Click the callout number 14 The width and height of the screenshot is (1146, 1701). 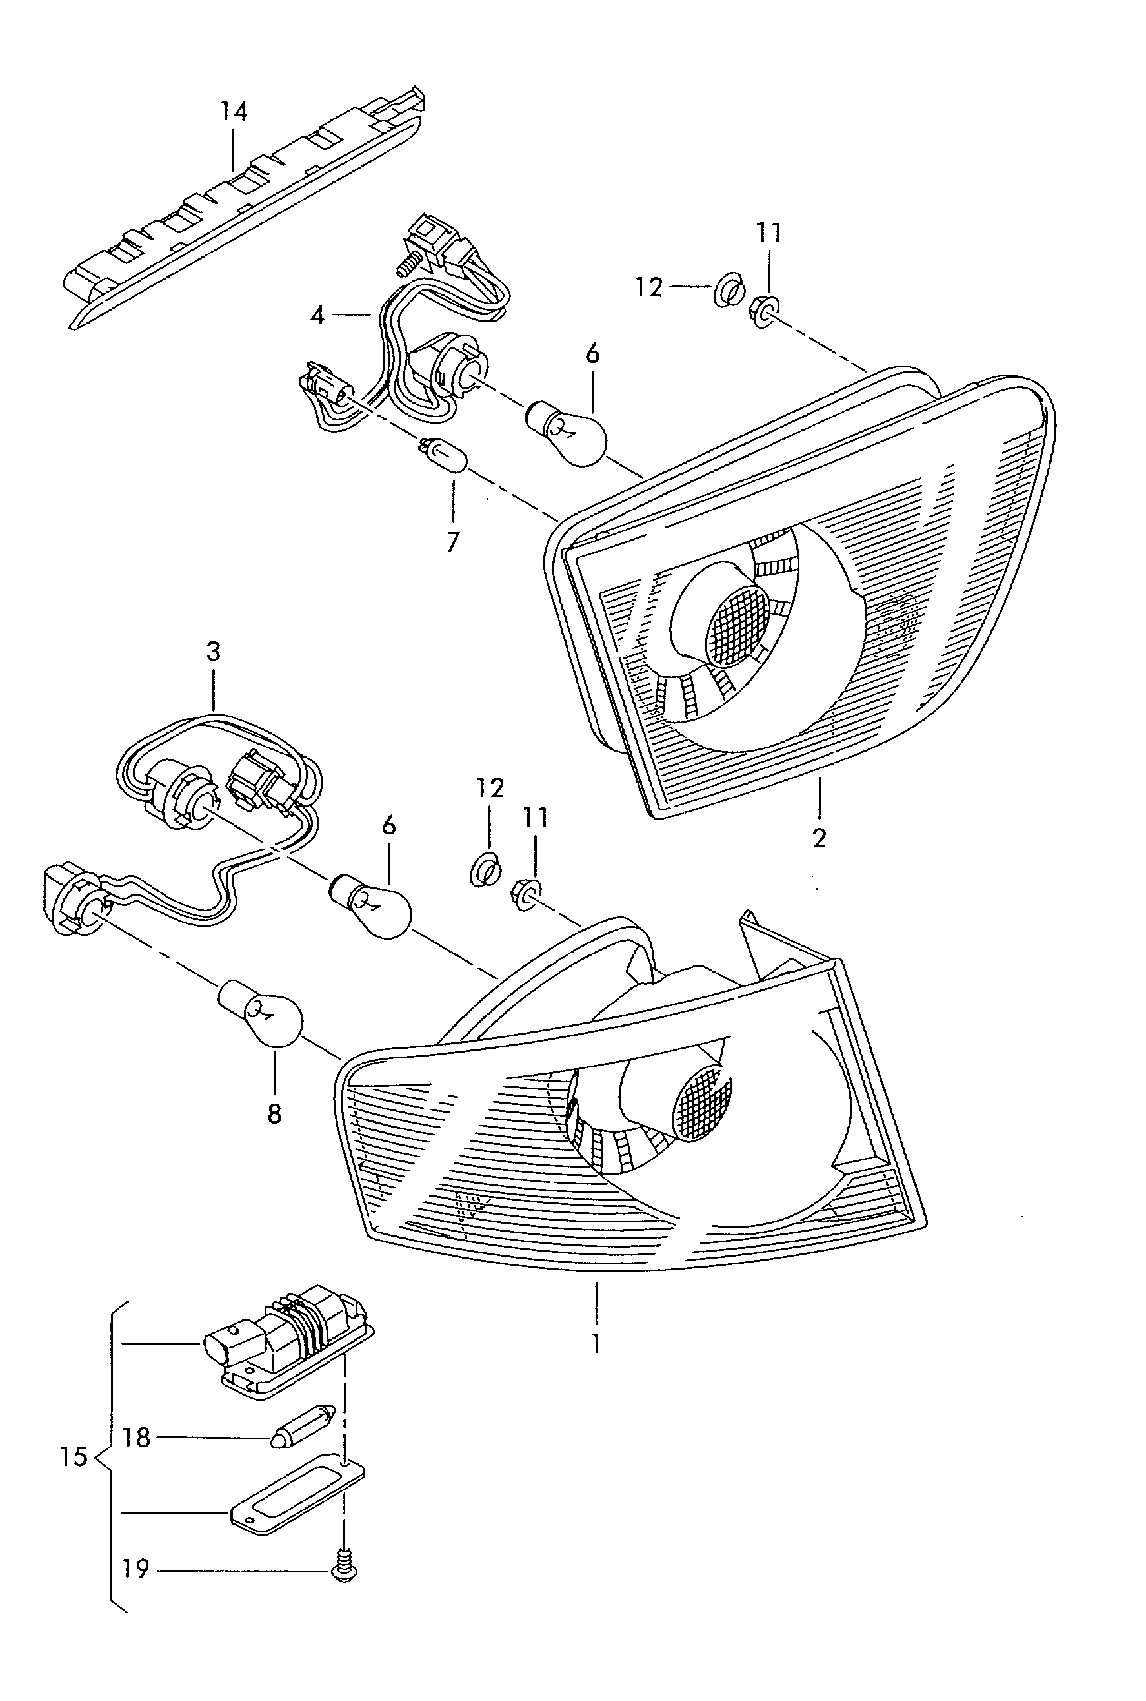click(234, 112)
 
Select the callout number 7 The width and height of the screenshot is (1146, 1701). click(453, 542)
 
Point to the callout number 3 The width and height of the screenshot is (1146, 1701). click(214, 651)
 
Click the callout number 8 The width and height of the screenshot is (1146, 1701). click(274, 1114)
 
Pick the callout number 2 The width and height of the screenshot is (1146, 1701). click(819, 838)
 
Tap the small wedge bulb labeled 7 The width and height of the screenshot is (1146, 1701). click(444, 455)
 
